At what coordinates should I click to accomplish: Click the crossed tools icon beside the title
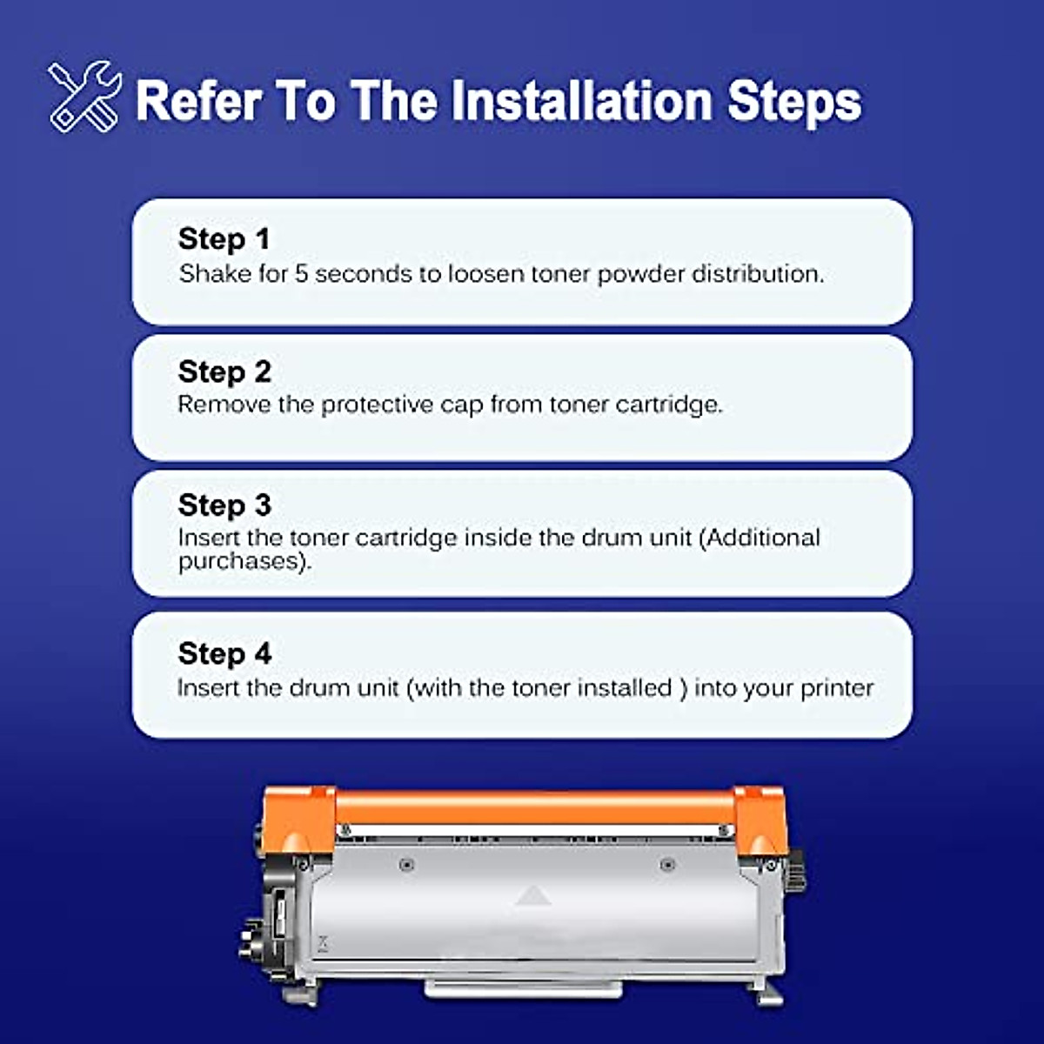84,97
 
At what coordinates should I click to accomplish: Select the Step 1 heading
224,238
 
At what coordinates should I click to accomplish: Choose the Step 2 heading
224,371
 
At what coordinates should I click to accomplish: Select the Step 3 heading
224,505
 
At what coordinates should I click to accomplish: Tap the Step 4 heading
224,653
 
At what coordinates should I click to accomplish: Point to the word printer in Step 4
837,688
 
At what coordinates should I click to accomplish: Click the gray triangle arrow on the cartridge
532,895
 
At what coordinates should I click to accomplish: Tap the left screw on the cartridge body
406,865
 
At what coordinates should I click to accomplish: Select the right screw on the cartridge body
667,865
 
